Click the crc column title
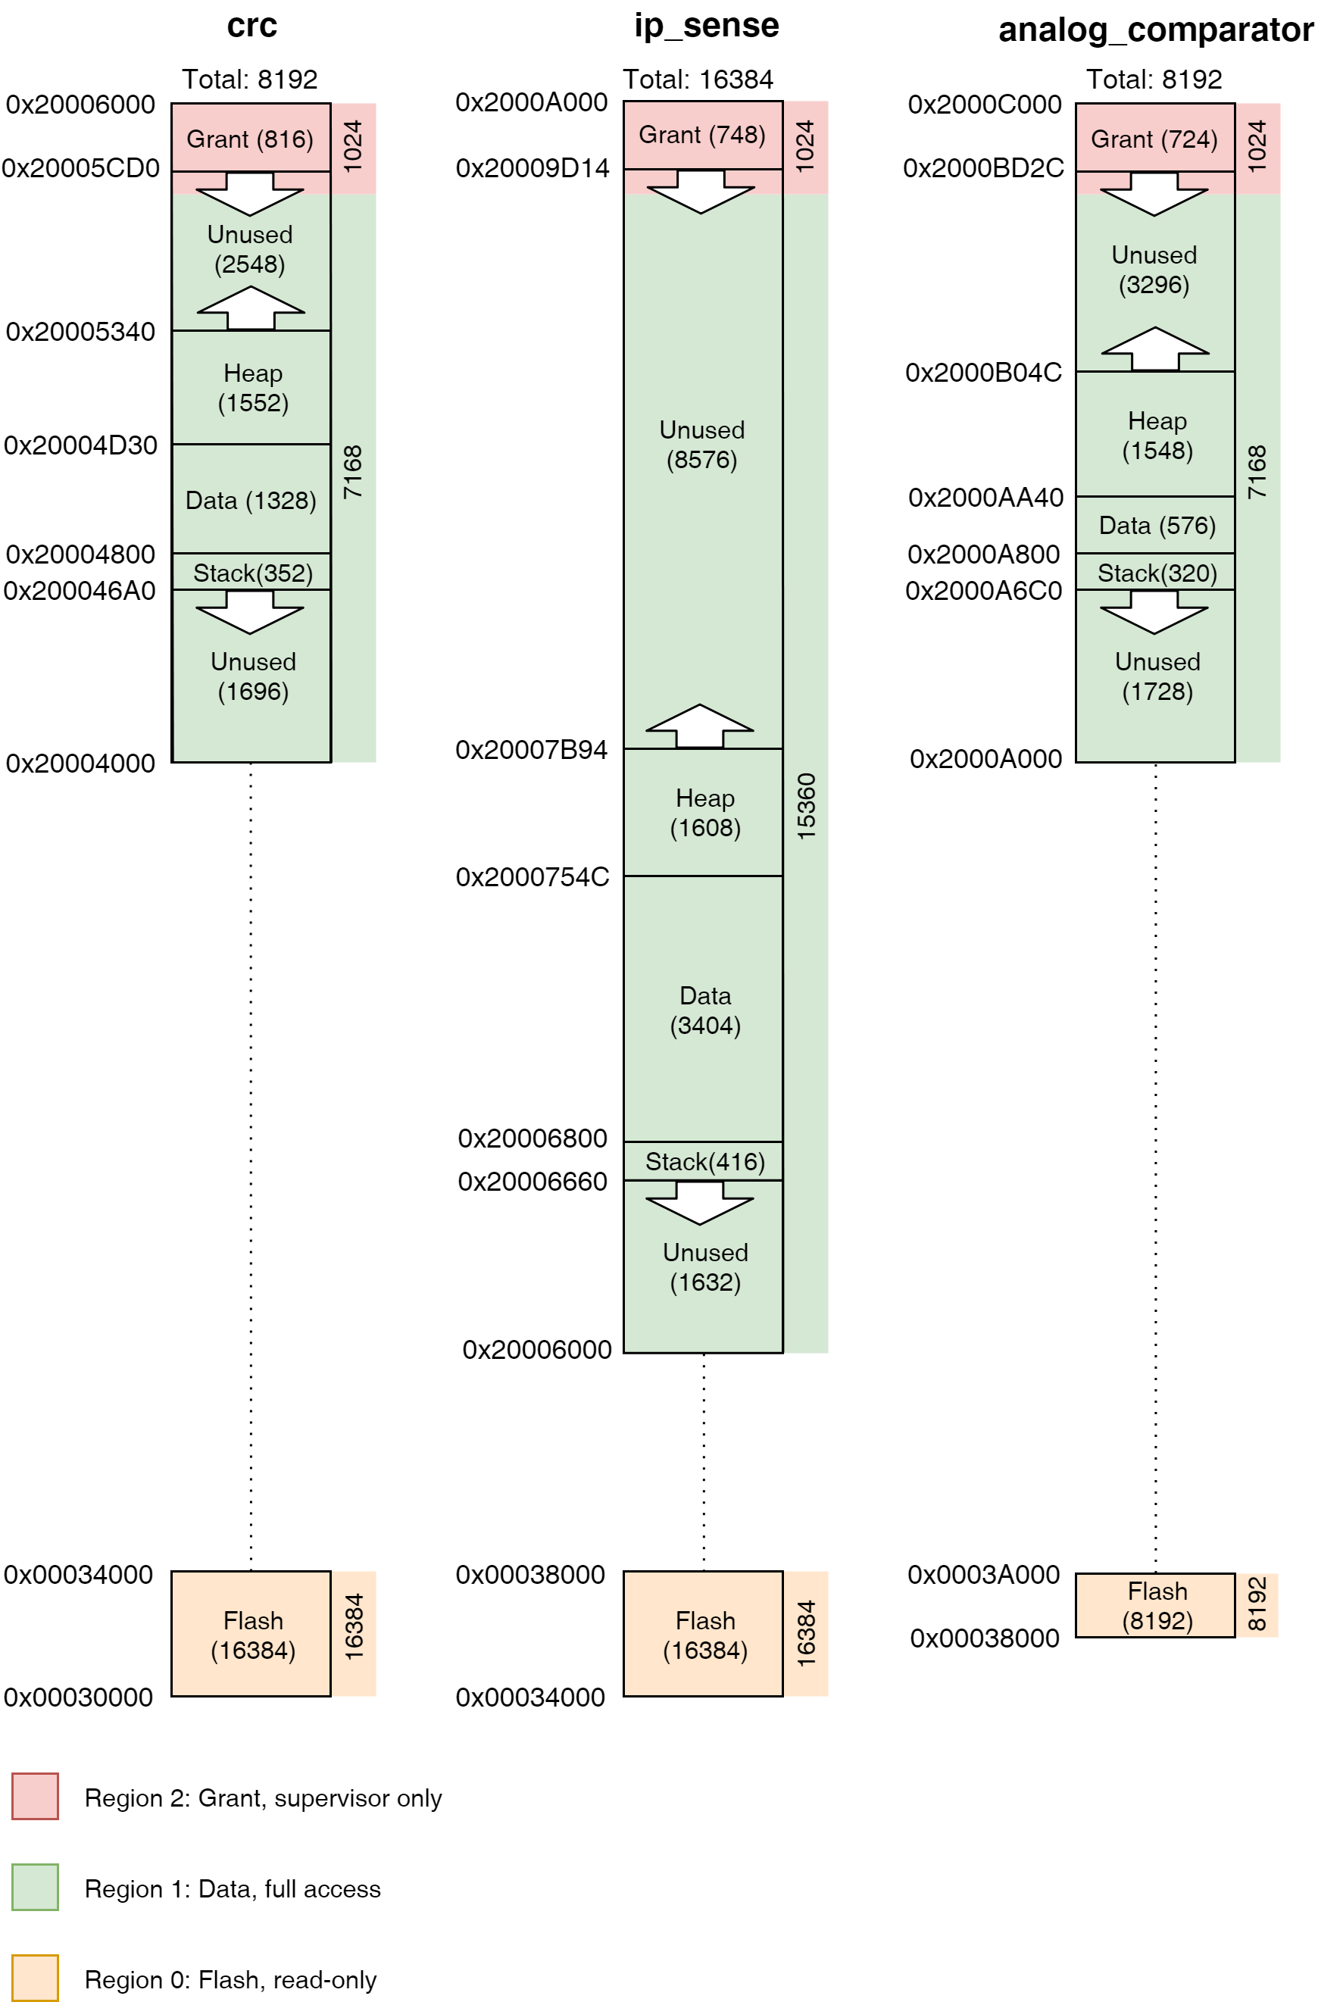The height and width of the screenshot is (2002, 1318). pyautogui.click(x=251, y=26)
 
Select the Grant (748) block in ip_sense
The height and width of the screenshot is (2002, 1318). pyautogui.click(x=701, y=135)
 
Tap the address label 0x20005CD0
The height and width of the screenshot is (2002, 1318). pyautogui.click(x=81, y=168)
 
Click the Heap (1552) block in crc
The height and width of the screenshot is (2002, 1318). pyautogui.click(x=251, y=388)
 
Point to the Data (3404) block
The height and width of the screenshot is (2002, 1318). pyautogui.click(x=704, y=1010)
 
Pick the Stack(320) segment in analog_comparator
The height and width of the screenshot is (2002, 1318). pyautogui.click(x=1156, y=573)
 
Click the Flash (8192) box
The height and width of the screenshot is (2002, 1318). pyautogui.click(x=1156, y=1605)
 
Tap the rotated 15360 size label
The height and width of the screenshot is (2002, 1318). pyautogui.click(x=805, y=806)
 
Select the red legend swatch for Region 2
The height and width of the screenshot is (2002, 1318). pyautogui.click(x=36, y=1796)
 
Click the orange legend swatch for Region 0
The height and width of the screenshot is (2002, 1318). pyautogui.click(x=36, y=1978)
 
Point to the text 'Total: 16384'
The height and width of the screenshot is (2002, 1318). pyautogui.click(x=698, y=79)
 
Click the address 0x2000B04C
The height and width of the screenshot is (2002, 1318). pyautogui.click(x=982, y=372)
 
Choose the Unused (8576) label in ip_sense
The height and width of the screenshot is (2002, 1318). pyautogui.click(x=701, y=444)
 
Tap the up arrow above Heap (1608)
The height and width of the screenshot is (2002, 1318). pyautogui.click(x=699, y=726)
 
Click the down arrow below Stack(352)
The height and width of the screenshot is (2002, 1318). pyautogui.click(x=250, y=611)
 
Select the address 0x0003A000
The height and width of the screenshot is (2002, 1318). pyautogui.click(x=982, y=1574)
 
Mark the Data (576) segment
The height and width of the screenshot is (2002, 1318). pyautogui.click(x=1156, y=525)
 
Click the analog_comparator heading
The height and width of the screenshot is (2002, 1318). pyautogui.click(x=1155, y=30)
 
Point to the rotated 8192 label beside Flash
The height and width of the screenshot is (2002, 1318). pyautogui.click(x=1256, y=1604)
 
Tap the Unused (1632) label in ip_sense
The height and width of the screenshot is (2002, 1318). pyautogui.click(x=704, y=1266)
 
